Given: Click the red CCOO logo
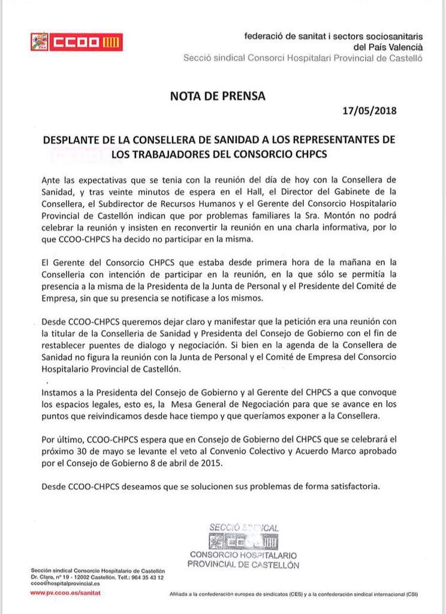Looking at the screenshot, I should (x=76, y=42).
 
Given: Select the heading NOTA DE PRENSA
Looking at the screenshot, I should (x=218, y=95).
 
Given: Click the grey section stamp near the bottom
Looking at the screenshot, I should (x=243, y=544).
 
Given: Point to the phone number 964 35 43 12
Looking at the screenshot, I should (x=146, y=576).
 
